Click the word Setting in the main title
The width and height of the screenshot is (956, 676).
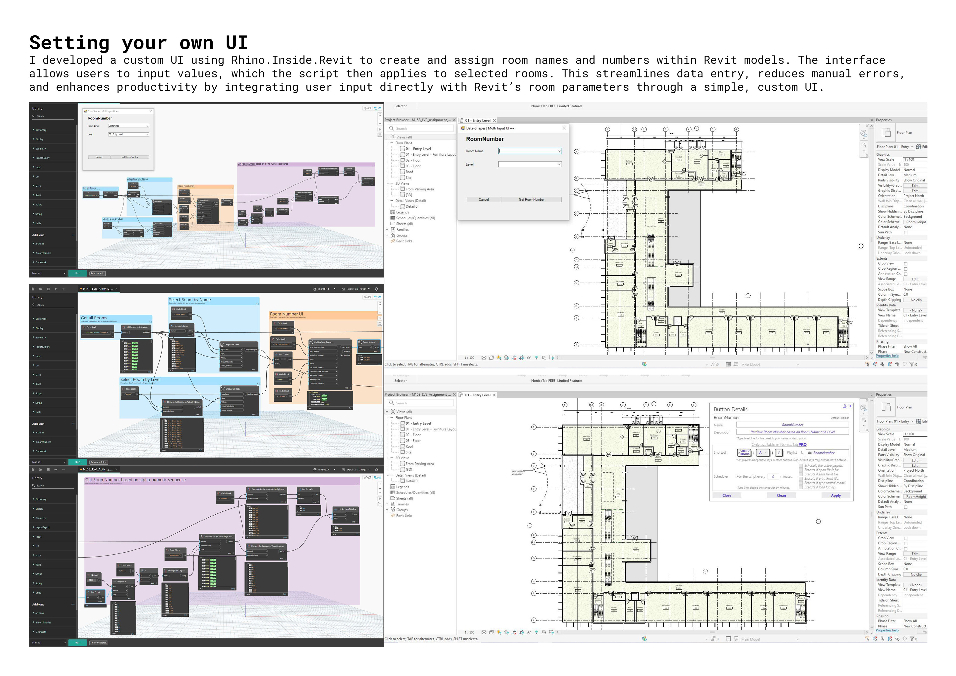[69, 43]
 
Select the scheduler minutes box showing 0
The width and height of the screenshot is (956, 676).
[773, 477]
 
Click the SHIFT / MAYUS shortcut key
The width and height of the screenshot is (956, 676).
[744, 453]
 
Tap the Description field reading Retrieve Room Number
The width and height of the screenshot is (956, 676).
[792, 432]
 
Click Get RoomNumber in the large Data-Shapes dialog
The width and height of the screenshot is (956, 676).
[531, 199]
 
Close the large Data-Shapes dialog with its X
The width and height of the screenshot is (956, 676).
[564, 128]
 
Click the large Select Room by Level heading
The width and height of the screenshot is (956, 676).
[140, 380]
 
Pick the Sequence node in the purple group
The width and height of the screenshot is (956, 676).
[121, 581]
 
